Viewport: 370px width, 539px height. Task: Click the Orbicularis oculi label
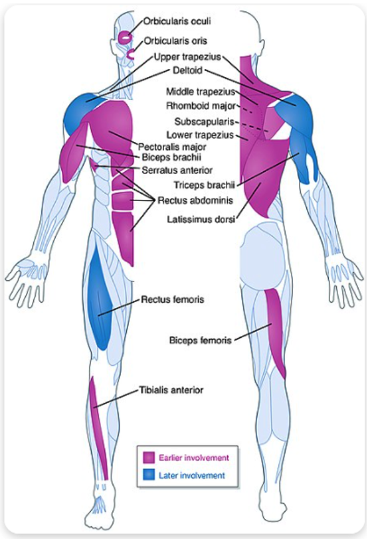click(177, 21)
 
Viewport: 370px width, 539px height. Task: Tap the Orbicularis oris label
click(175, 41)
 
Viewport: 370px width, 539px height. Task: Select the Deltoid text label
click(187, 70)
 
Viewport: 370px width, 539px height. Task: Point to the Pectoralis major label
click(172, 147)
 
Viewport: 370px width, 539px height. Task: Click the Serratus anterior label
click(177, 170)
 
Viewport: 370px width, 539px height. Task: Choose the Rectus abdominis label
click(195, 200)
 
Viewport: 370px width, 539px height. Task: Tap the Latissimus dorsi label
click(201, 219)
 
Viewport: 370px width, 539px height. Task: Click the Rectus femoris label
click(173, 299)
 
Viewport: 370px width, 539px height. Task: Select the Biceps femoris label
click(201, 341)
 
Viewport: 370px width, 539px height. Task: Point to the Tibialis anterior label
click(171, 390)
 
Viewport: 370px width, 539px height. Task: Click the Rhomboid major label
click(201, 106)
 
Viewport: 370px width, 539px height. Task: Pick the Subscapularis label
click(204, 121)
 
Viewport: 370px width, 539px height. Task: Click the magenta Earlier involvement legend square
click(149, 457)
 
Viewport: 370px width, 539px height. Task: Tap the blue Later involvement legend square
click(149, 475)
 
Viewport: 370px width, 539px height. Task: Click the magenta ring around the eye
click(124, 37)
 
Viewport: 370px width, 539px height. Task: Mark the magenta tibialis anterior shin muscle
click(98, 426)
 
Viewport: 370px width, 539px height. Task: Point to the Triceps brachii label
click(204, 185)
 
